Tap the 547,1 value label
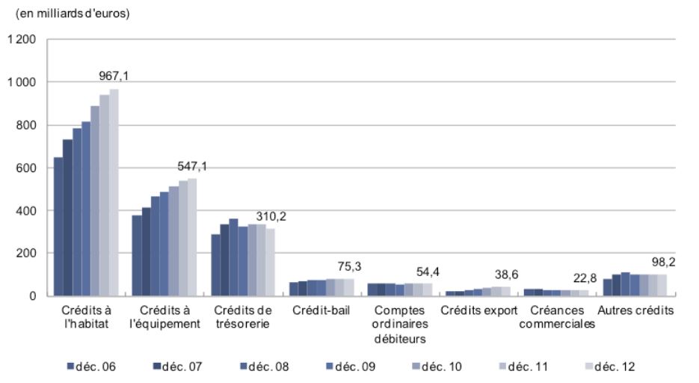(x=192, y=166)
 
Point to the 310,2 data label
(x=271, y=217)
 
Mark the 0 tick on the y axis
(x=32, y=296)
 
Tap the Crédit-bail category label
(x=321, y=310)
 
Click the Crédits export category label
(x=479, y=310)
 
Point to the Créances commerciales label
(x=557, y=316)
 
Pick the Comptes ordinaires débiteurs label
(x=401, y=324)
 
